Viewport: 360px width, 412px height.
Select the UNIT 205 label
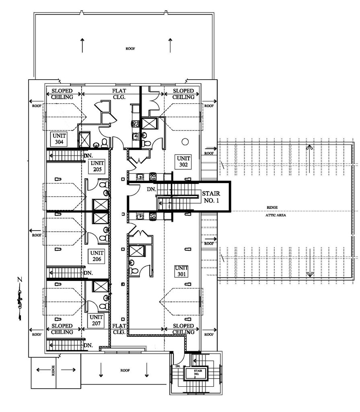[97, 166]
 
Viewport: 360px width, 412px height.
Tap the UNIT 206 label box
[97, 256]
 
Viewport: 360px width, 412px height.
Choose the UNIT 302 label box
[183, 161]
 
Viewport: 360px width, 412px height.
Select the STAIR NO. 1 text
[210, 197]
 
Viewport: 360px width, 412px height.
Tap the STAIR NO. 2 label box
[197, 374]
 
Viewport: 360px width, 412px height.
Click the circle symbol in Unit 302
[185, 142]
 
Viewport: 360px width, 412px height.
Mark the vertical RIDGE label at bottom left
[53, 371]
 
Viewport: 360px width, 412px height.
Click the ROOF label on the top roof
[130, 49]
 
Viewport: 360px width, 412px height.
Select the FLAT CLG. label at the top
[119, 94]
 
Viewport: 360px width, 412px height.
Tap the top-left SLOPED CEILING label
[62, 94]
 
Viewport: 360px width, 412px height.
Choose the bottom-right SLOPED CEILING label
[183, 329]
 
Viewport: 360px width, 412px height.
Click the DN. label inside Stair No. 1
[152, 189]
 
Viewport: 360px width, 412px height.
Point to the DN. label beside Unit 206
[88, 273]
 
